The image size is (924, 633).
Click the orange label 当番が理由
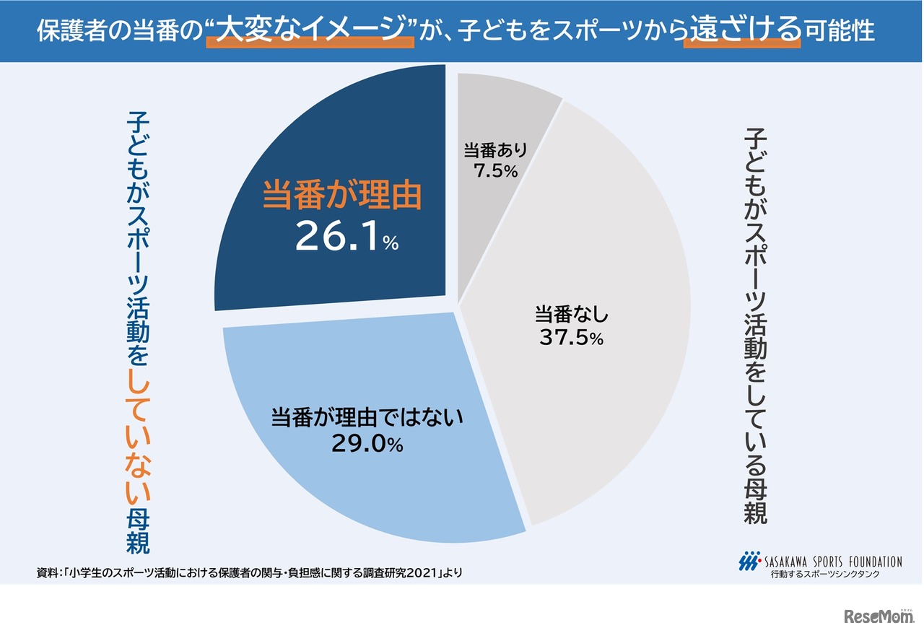point(341,195)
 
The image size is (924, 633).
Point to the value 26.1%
point(346,237)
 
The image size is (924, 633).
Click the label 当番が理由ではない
point(366,419)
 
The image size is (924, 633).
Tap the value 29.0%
point(366,444)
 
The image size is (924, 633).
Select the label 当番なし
point(572,315)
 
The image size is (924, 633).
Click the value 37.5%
point(572,338)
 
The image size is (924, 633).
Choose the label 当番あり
point(495,151)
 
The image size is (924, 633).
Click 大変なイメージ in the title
point(309,31)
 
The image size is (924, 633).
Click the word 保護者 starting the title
point(73,32)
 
